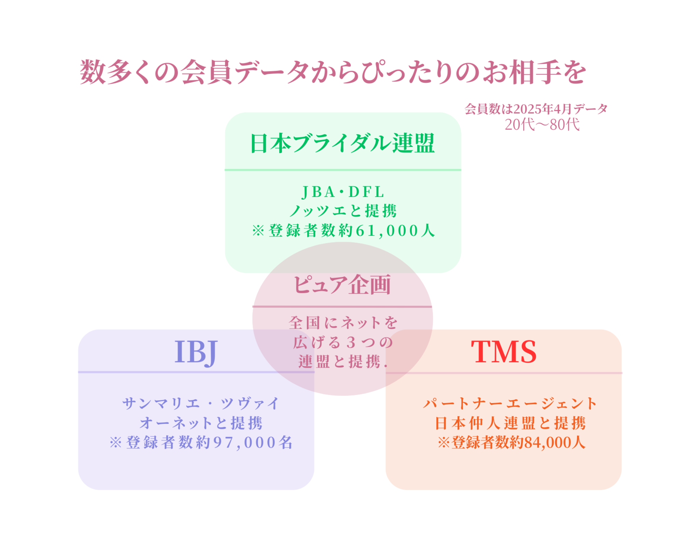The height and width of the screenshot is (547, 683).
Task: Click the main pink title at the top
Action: [x=333, y=72]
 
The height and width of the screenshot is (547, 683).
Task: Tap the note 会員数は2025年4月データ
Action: [x=536, y=109]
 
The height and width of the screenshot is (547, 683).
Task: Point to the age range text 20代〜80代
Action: [x=542, y=125]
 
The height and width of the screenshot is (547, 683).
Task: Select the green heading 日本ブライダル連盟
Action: [x=343, y=143]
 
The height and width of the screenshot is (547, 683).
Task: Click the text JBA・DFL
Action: [x=343, y=192]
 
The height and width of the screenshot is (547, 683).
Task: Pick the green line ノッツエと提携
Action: [x=343, y=211]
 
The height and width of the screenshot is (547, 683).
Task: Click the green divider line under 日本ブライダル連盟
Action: [x=343, y=170]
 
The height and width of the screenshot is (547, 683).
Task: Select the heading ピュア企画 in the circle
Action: [x=342, y=285]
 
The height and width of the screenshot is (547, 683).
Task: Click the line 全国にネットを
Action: [x=343, y=323]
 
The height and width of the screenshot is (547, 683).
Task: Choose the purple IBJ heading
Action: [x=196, y=352]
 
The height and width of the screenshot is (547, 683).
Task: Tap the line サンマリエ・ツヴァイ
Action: [x=201, y=403]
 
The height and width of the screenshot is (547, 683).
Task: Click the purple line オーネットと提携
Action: [x=201, y=423]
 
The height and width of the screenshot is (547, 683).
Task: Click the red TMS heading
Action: [x=504, y=351]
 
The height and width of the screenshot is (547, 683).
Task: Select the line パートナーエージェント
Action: [x=510, y=403]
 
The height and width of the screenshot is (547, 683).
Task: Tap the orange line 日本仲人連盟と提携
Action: [x=510, y=423]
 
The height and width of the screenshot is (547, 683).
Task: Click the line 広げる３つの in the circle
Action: [x=343, y=342]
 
